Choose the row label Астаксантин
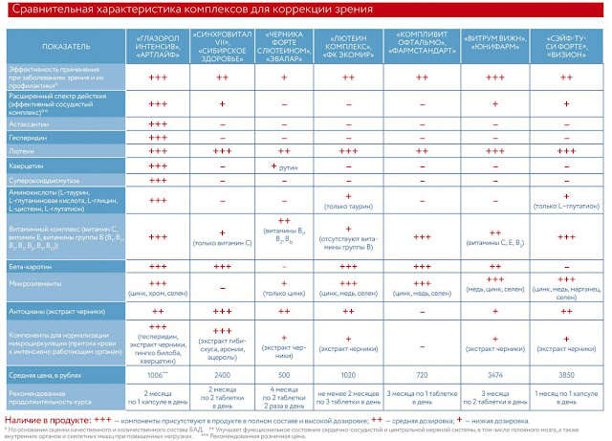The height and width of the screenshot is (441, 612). (28, 124)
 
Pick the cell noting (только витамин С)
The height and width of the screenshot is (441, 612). (222, 245)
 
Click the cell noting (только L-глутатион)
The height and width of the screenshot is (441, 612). (568, 207)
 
